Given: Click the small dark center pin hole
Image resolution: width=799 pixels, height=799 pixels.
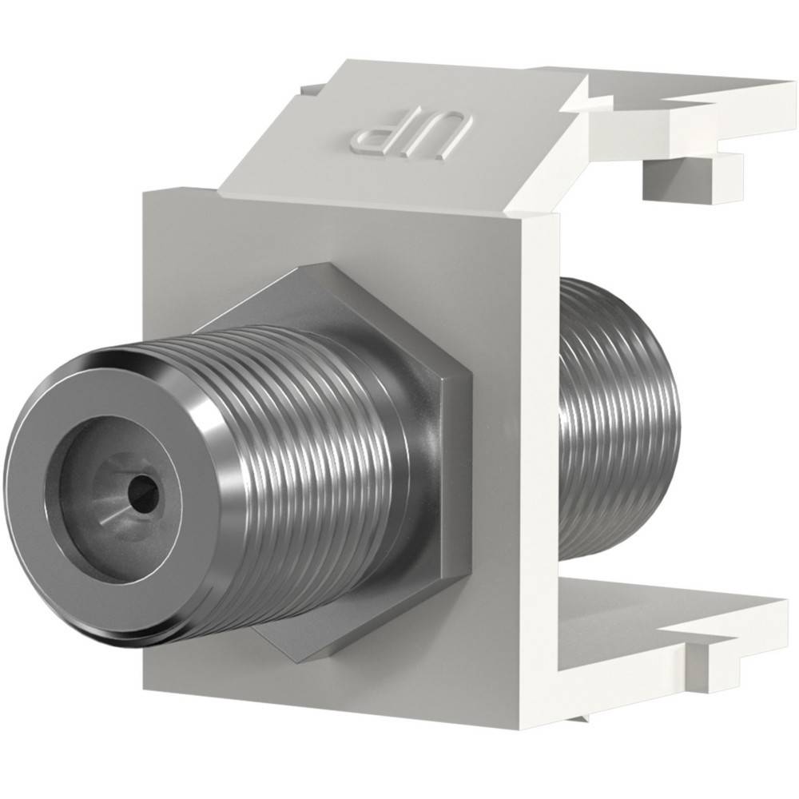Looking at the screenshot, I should click(x=145, y=485).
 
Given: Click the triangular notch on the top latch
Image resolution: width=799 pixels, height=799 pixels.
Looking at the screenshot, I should click(x=581, y=96).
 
